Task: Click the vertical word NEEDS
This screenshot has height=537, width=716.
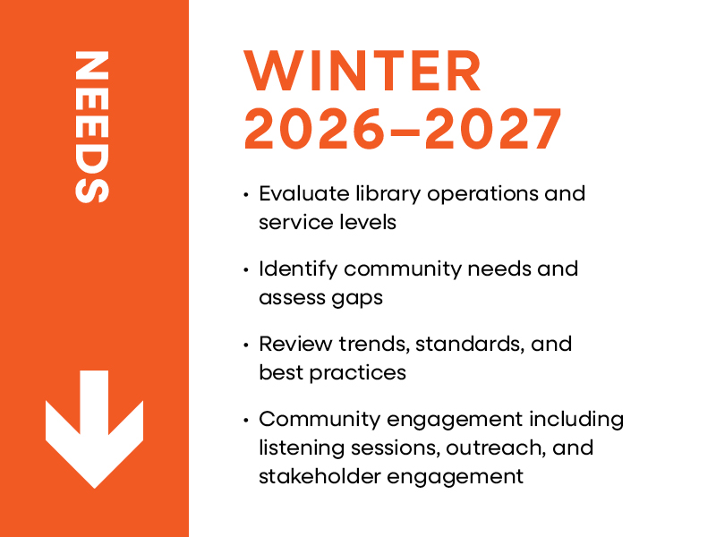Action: (92, 127)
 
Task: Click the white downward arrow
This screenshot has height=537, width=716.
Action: (95, 429)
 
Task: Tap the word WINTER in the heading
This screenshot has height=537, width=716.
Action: (362, 71)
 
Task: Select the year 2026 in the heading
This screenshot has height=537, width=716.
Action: (315, 129)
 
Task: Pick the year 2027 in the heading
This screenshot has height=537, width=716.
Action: (493, 129)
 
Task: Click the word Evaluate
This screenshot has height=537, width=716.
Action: (304, 193)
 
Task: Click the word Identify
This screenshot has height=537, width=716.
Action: (298, 270)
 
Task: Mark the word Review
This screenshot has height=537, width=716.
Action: (295, 344)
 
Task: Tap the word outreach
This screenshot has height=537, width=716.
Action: (496, 448)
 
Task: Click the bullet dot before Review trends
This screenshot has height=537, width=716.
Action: (246, 345)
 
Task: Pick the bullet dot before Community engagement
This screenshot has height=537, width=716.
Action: (246, 420)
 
